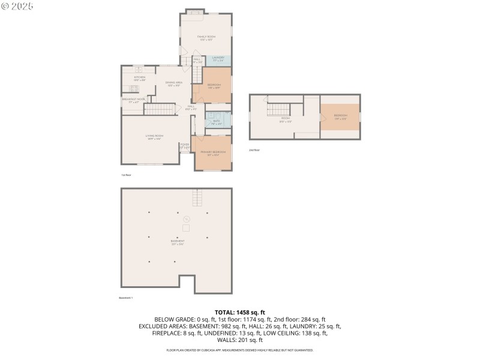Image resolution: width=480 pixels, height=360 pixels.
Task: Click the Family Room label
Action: [x=205, y=38]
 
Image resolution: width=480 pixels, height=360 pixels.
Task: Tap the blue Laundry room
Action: [x=218, y=60]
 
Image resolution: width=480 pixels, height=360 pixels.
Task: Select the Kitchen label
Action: [x=139, y=78]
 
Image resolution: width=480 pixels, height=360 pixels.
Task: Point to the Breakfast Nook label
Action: [x=134, y=100]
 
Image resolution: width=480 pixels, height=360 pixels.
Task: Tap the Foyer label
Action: [x=185, y=146]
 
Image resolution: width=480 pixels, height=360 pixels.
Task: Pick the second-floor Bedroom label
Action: [x=340, y=116]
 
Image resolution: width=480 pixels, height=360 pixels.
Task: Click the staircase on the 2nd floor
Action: [x=278, y=109]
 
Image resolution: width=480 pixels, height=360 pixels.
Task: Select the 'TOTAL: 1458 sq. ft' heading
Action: [x=239, y=313]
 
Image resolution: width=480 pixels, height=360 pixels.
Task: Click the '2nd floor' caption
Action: [x=255, y=150]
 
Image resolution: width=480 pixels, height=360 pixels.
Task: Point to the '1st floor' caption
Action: [x=126, y=175]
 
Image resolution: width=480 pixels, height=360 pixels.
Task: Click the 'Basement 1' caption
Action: [x=125, y=298]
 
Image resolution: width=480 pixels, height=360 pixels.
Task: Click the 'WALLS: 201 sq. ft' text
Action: [x=239, y=340]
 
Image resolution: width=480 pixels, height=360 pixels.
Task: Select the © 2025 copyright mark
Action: [x=17, y=6]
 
